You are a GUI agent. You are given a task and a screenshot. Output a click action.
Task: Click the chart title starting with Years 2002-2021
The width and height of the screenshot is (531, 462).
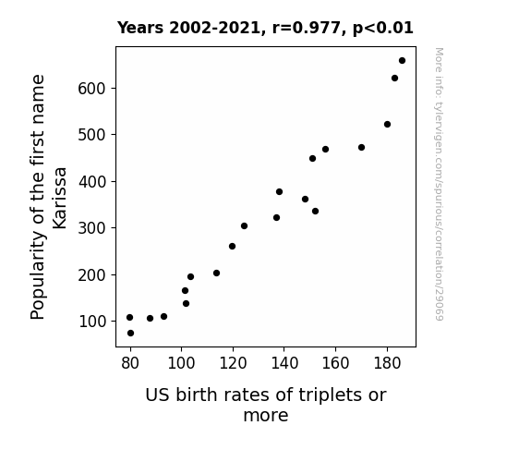265,28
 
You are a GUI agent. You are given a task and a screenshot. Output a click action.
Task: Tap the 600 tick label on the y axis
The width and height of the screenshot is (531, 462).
91,89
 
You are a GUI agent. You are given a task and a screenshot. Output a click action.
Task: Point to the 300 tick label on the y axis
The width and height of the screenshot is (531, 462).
91,228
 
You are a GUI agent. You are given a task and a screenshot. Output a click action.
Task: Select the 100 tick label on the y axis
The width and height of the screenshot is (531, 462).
91,322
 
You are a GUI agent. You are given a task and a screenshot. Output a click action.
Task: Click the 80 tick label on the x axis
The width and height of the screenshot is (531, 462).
130,363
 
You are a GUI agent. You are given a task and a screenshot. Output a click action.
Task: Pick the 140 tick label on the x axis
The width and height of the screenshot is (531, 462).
284,363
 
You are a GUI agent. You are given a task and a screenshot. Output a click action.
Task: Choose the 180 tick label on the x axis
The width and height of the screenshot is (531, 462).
387,363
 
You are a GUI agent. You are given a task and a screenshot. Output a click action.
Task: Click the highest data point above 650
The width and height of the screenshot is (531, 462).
402,61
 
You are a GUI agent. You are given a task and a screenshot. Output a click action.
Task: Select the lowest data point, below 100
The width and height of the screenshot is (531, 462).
130,334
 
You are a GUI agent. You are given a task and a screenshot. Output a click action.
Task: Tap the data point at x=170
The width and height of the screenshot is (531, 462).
361,148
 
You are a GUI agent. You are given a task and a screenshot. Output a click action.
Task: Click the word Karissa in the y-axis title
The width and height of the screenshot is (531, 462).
60,198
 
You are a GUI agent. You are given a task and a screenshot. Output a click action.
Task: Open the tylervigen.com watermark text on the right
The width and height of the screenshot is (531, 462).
439,184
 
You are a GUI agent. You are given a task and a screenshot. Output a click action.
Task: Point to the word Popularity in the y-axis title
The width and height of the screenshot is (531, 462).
37,275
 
